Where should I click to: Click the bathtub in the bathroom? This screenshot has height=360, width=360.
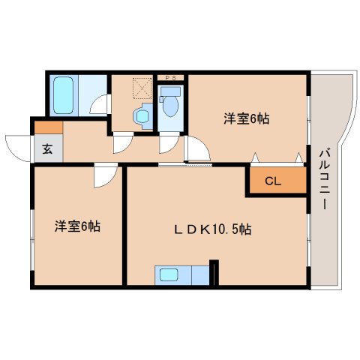tap(62, 94)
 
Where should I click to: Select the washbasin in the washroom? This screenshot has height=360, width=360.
tap(139, 115)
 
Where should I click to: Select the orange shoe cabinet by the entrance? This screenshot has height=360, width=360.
tap(44, 127)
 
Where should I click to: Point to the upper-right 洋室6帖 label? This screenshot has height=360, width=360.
tap(246, 118)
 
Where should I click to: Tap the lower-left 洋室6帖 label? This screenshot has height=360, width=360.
tap(76, 226)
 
